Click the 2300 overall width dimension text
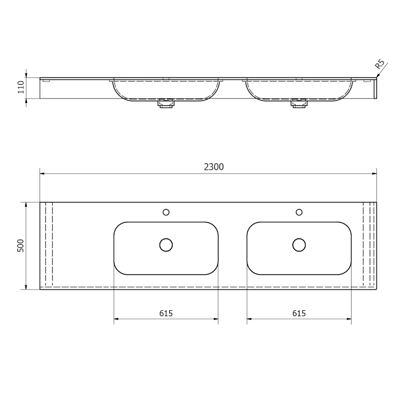tap(214, 167)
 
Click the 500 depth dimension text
tap(20, 246)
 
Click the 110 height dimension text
tap(20, 87)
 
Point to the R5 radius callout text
tap(380, 64)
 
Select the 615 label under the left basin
tap(166, 313)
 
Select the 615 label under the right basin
tap(299, 313)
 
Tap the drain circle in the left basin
tap(166, 245)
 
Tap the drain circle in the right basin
tap(299, 245)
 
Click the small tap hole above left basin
tap(166, 212)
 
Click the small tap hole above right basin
tap(299, 212)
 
